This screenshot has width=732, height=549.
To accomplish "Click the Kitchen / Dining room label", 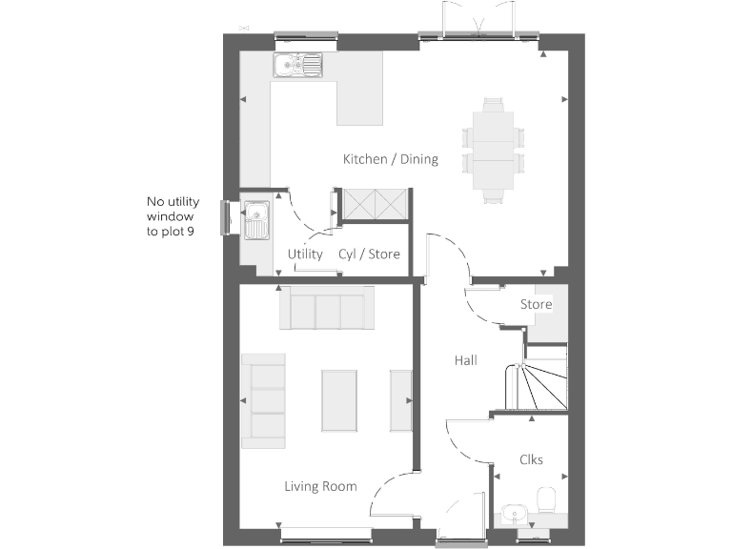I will (x=391, y=159).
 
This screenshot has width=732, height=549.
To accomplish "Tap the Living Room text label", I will (x=320, y=486).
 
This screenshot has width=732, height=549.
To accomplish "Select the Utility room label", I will (x=305, y=254).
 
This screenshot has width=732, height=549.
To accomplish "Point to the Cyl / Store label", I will (x=369, y=254).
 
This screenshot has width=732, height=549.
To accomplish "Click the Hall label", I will (x=465, y=360).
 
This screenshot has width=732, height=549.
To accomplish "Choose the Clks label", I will (x=531, y=459).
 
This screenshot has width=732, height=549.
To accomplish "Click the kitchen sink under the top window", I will (x=298, y=65).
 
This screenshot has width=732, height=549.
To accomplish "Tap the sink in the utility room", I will (x=255, y=220).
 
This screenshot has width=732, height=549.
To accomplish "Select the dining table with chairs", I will (x=493, y=151).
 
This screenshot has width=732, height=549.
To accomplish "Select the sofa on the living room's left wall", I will (x=263, y=400).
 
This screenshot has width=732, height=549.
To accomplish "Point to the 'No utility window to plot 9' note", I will (x=171, y=216).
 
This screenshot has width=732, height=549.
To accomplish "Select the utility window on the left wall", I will (x=225, y=217).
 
